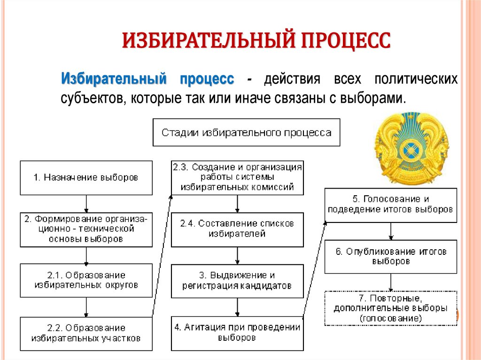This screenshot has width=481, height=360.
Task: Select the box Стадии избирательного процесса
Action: tap(246, 132)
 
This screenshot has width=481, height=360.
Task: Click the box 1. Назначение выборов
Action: tap(86, 178)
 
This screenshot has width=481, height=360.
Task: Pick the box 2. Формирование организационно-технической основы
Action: tap(86, 230)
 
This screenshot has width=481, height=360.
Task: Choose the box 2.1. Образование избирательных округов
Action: tap(86, 280)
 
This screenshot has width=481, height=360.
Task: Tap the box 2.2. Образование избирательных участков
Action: tap(86, 333)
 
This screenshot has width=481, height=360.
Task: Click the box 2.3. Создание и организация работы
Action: tap(237, 178)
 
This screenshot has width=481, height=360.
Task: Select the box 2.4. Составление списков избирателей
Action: tap(237, 230)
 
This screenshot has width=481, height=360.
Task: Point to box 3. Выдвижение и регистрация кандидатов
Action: tap(237, 281)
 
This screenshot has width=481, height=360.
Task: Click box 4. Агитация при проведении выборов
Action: tap(237, 333)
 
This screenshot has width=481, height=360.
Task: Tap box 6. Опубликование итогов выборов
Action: tap(390, 256)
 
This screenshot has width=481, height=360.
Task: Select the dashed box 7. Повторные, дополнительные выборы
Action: tap(390, 308)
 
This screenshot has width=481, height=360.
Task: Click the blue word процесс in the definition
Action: tap(207, 79)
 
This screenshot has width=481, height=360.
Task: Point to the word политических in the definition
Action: tap(415, 79)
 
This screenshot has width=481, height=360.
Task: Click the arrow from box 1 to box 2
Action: tap(86, 204)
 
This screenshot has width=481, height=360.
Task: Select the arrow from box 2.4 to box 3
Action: tap(237, 255)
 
